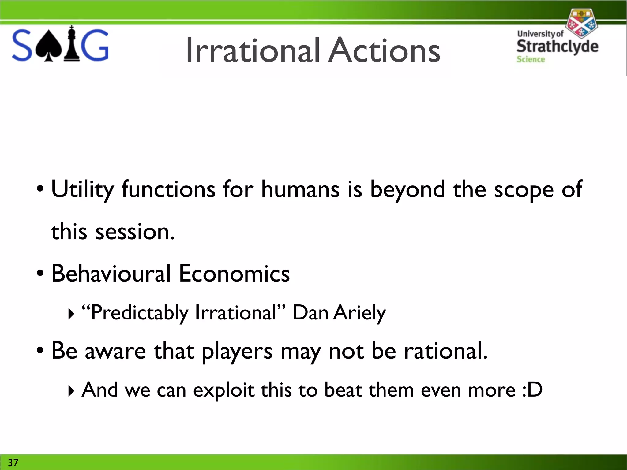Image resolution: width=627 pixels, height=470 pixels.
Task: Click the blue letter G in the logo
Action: [96, 45]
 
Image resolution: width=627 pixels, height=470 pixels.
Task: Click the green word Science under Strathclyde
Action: [531, 59]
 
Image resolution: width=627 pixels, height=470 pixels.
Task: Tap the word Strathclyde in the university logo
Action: [557, 47]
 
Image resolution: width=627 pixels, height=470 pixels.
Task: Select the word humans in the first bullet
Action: [300, 189]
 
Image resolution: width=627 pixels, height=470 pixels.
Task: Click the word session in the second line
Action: [135, 232]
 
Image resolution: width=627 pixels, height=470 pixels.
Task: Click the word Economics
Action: [234, 273]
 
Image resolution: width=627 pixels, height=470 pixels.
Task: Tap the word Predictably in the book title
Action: [140, 313]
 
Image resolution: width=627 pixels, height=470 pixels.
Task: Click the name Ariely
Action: [360, 313]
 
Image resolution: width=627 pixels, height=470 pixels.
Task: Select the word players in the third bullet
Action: [237, 351]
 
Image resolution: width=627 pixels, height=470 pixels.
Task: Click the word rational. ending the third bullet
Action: [446, 351]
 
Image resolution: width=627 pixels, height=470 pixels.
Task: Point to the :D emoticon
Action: [532, 390]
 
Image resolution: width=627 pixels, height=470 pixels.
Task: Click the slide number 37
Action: [13, 462]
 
